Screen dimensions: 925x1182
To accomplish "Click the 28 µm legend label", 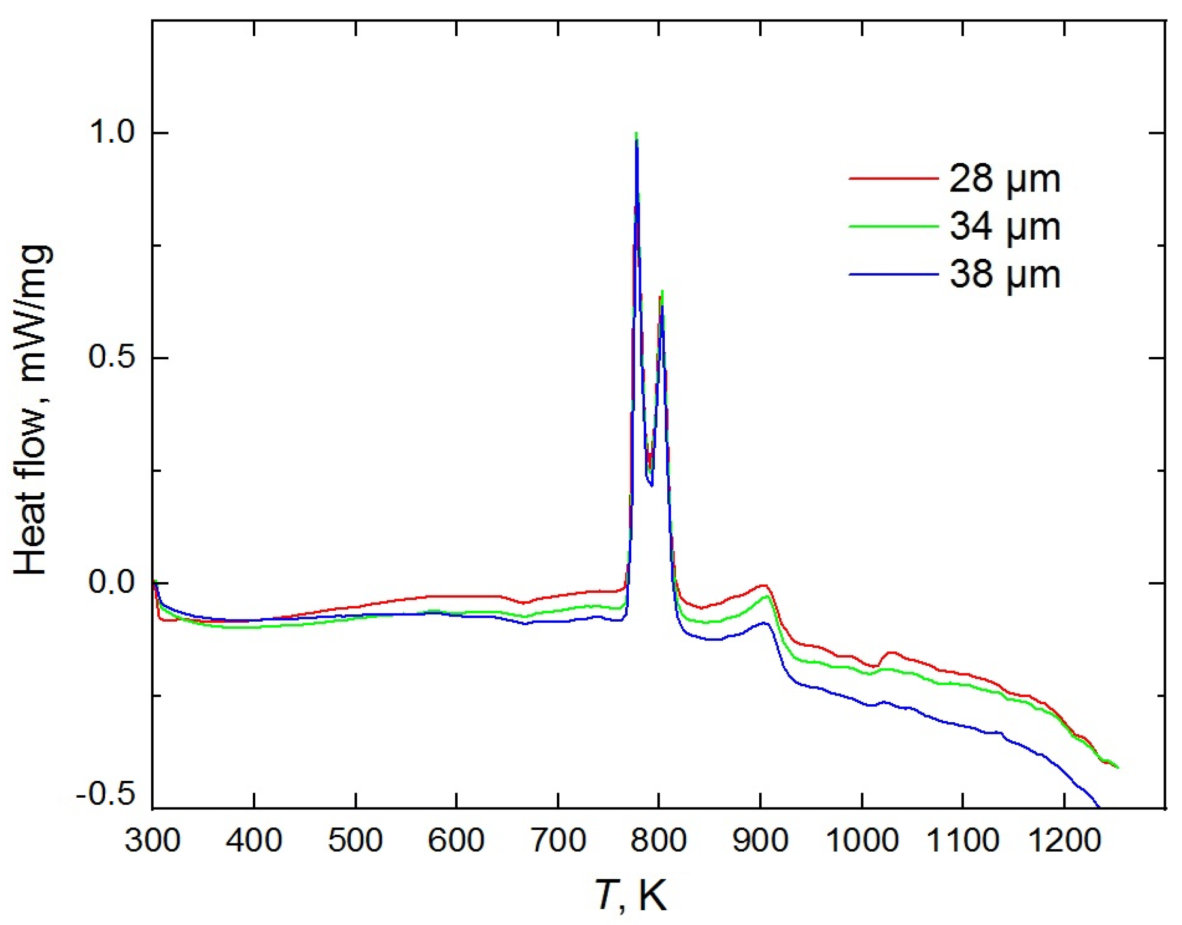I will tap(1004, 179).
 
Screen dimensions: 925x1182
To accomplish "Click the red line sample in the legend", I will tap(893, 178).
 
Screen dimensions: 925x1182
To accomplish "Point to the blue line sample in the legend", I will tap(893, 275).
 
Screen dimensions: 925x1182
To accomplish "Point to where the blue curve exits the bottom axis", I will tap(1099, 807).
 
